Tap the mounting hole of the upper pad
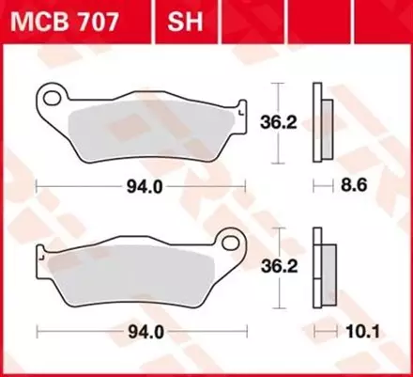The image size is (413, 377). pos(54,97)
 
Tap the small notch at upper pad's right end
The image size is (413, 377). pos(241,109)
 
